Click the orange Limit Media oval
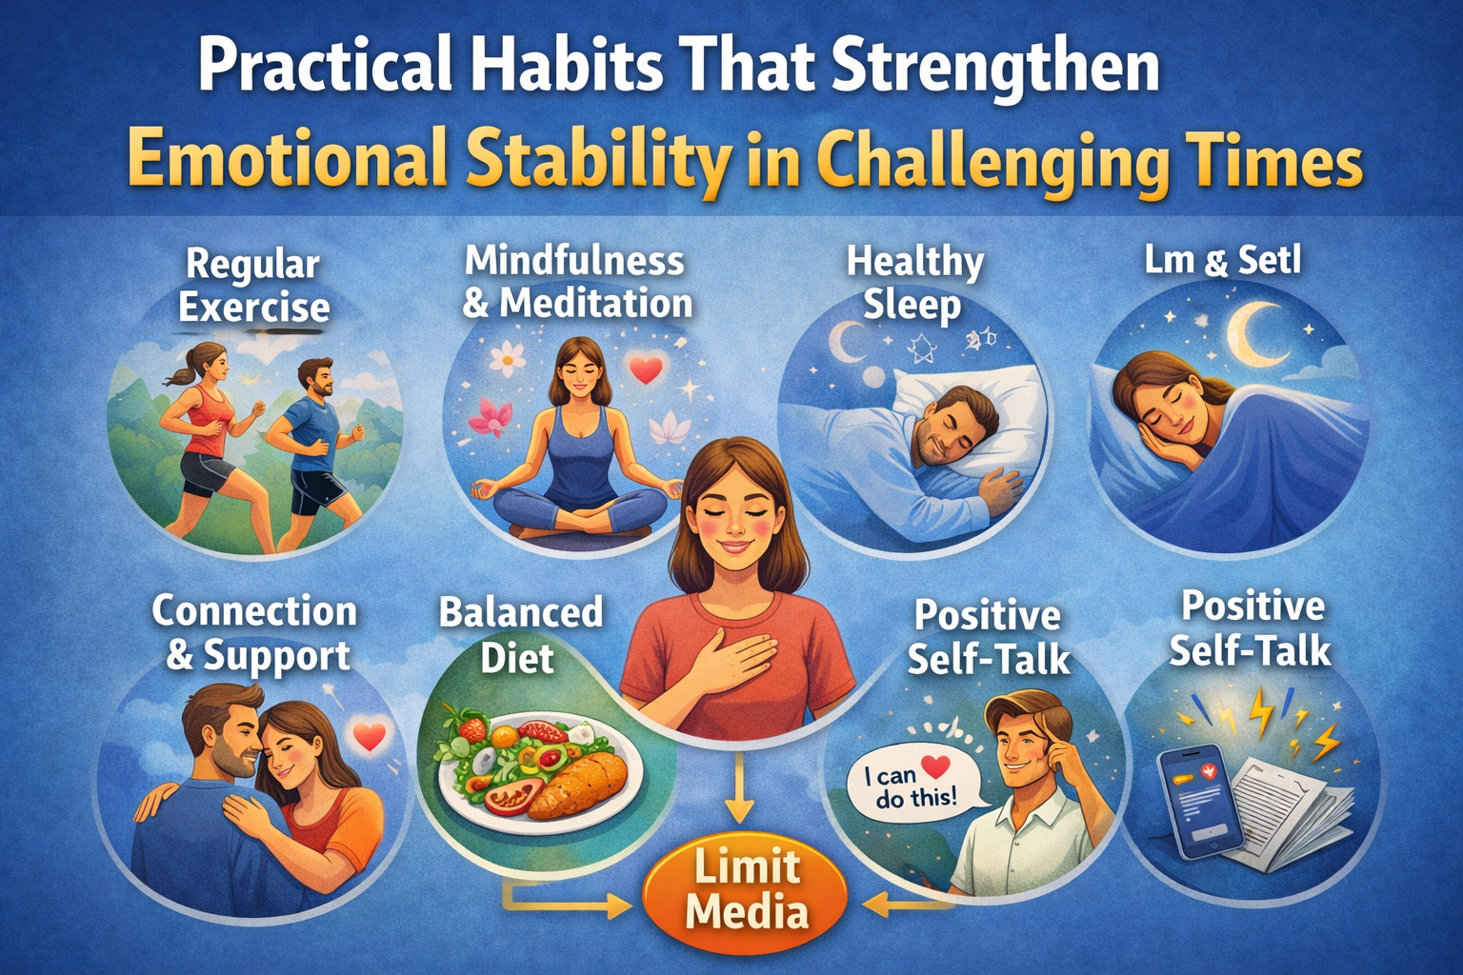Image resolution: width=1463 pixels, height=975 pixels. (x=746, y=890)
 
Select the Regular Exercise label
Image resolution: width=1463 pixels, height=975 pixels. (x=253, y=286)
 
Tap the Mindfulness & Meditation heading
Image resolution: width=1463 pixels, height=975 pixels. (x=576, y=282)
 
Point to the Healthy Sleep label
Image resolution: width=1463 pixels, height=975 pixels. (x=914, y=284)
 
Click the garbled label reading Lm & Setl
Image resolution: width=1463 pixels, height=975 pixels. (x=1222, y=260)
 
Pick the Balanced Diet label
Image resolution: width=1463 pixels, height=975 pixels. (x=520, y=634)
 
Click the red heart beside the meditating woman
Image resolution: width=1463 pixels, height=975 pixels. (x=647, y=369)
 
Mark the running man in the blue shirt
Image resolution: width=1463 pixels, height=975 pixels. (x=311, y=438)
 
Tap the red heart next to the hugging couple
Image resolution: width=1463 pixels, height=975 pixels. (x=369, y=736)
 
